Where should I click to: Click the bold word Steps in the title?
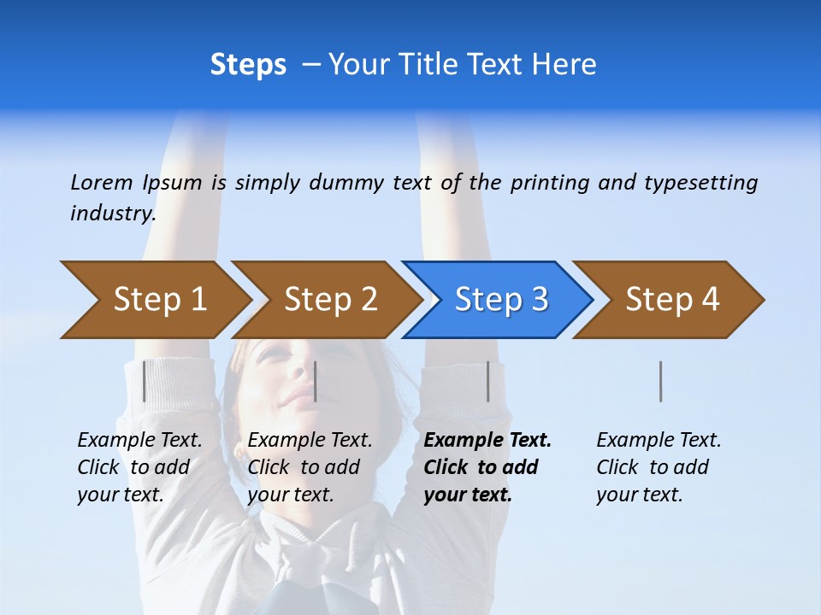(248, 65)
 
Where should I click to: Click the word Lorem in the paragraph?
(102, 182)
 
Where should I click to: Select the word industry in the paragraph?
(113, 213)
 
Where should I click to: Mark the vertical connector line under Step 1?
(144, 381)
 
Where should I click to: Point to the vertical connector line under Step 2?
(316, 381)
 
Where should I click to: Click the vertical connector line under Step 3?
(487, 381)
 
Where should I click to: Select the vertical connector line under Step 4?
(660, 381)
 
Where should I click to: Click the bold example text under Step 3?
(487, 467)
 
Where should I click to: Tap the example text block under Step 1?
(139, 467)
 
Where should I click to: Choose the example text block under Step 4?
(659, 467)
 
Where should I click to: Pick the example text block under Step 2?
(310, 467)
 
